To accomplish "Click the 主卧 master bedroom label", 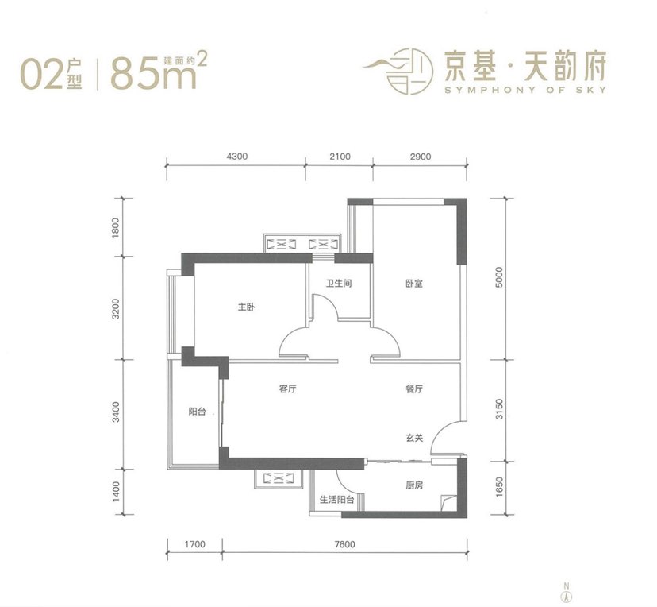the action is click(x=246, y=307).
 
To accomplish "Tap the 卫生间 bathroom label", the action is click(x=339, y=284).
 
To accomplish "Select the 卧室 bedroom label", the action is click(x=414, y=284).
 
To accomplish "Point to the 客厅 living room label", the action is click(x=287, y=389).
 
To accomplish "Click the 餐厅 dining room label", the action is click(x=414, y=389).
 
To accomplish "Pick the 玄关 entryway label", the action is click(x=414, y=438).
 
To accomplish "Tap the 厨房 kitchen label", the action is click(x=414, y=485).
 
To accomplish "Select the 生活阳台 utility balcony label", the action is click(x=337, y=500).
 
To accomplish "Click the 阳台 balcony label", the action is click(x=197, y=412).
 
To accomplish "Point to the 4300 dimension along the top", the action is click(x=236, y=157).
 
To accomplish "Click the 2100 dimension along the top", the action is click(x=340, y=157).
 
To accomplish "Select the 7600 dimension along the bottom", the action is click(x=344, y=544).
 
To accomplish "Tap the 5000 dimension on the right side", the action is click(x=498, y=277).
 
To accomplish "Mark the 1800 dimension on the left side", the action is click(x=116, y=227).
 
